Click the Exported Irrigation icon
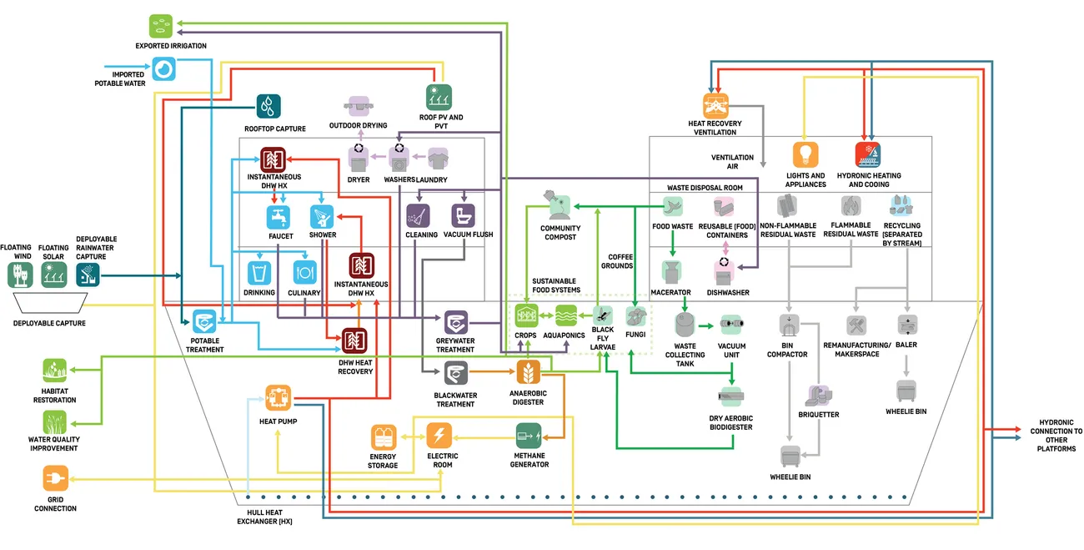pyautogui.click(x=161, y=25)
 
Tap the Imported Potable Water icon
pyautogui.click(x=165, y=68)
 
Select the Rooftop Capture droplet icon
pyautogui.click(x=268, y=106)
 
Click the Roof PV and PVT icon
pyautogui.click(x=438, y=97)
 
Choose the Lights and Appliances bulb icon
pyautogui.click(x=805, y=154)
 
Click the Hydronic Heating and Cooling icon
pyautogui.click(x=868, y=154)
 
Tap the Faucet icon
pyautogui.click(x=279, y=217)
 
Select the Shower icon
pyautogui.click(x=322, y=217)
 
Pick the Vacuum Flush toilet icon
pyautogui.click(x=463, y=216)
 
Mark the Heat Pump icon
pyautogui.click(x=278, y=396)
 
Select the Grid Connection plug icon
pyautogui.click(x=55, y=478)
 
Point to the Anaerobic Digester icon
pyautogui.click(x=527, y=372)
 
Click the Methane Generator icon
pyautogui.click(x=529, y=434)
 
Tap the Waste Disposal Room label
pyautogui.click(x=705, y=188)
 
